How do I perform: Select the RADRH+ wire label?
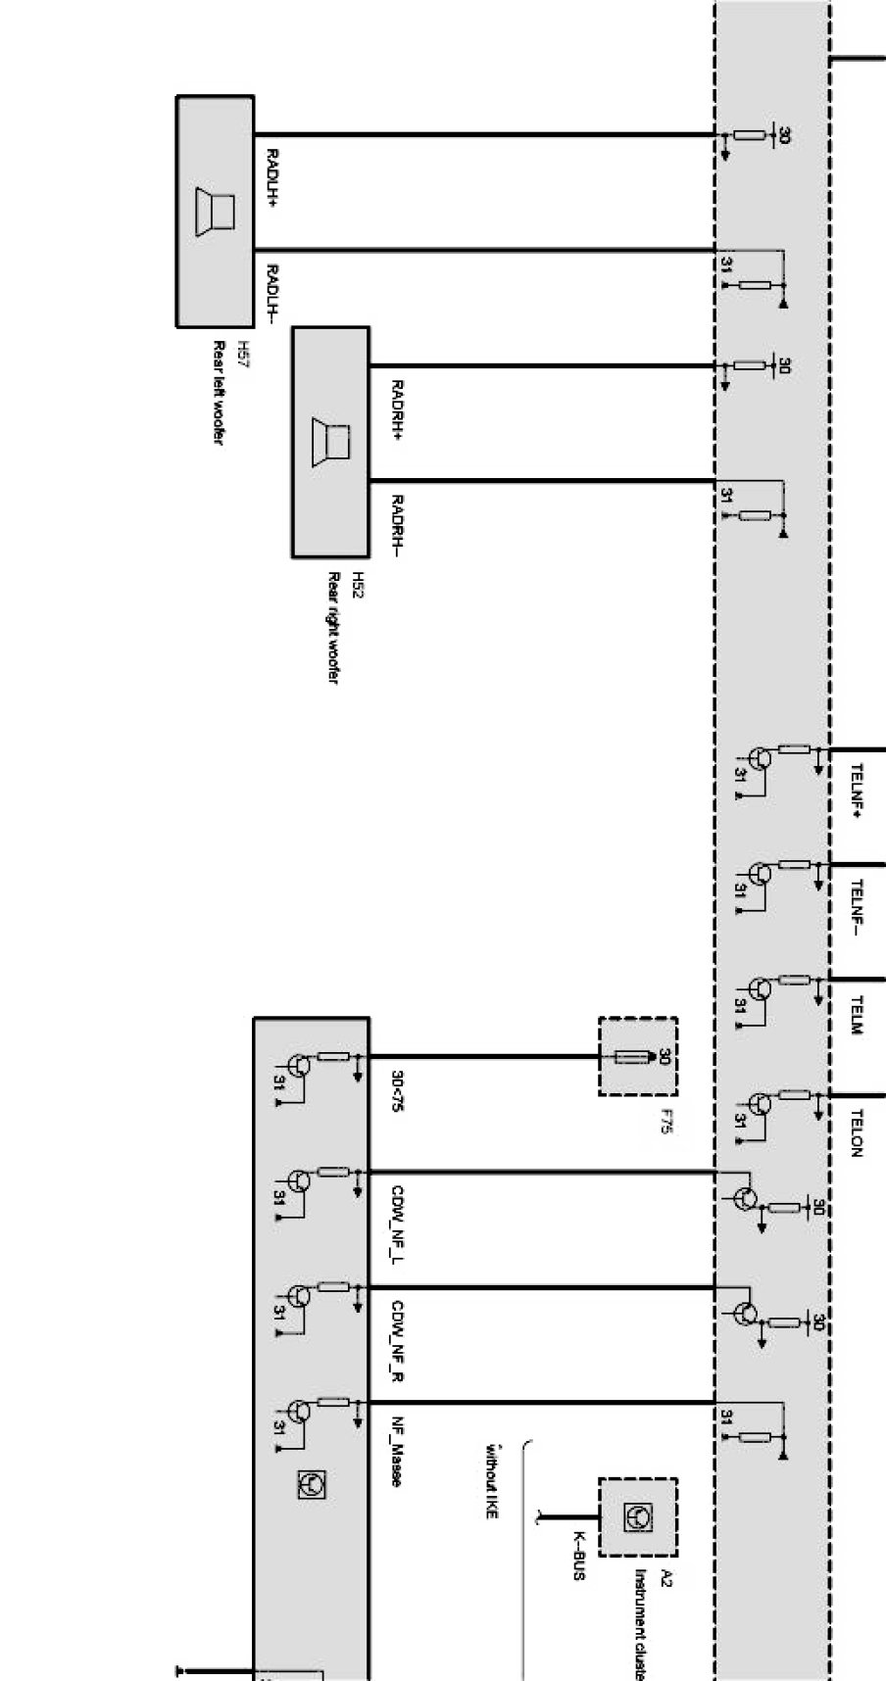(397, 410)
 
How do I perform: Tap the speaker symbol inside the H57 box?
(216, 211)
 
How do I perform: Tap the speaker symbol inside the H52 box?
(330, 442)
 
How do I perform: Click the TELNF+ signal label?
(857, 792)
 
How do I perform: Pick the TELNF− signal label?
(857, 907)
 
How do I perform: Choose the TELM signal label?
(857, 1016)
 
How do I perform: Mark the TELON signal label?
(857, 1133)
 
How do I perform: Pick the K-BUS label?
(579, 1557)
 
